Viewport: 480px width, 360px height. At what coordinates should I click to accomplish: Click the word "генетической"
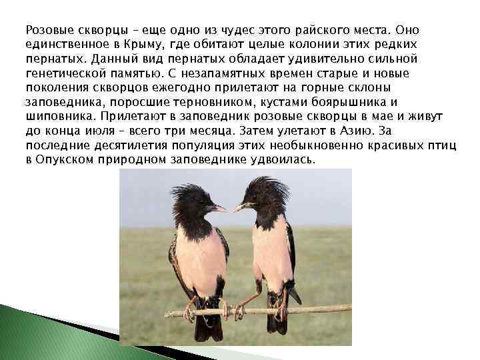(64, 74)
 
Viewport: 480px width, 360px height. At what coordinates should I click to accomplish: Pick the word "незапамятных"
(229, 74)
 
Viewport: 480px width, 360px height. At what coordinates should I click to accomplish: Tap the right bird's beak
(241, 207)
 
